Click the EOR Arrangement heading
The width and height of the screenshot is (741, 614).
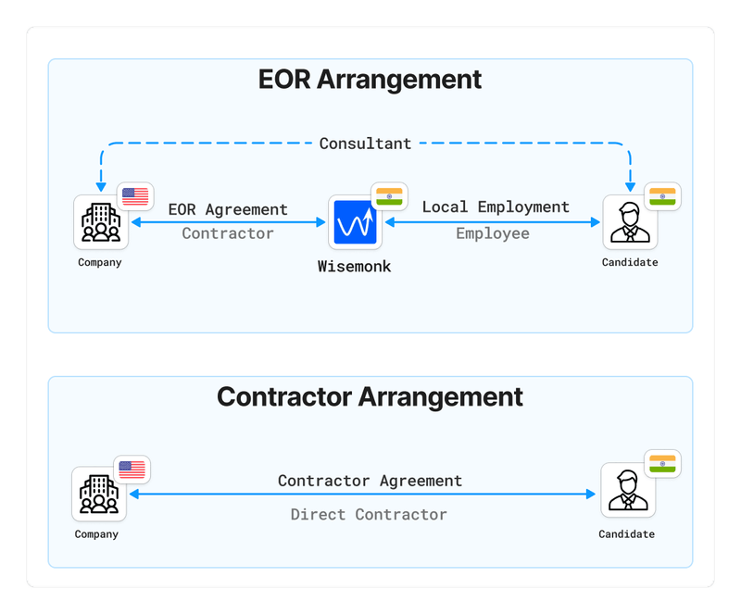pyautogui.click(x=370, y=79)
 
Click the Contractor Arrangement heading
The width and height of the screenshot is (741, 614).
pyautogui.click(x=370, y=396)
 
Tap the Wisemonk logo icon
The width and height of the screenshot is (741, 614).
pyautogui.click(x=356, y=222)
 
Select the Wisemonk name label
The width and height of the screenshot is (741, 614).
pyautogui.click(x=356, y=267)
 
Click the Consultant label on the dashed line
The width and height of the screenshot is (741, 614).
pyautogui.click(x=365, y=144)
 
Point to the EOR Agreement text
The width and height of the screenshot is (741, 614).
pyautogui.click(x=228, y=209)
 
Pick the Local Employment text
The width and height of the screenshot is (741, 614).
pyautogui.click(x=496, y=207)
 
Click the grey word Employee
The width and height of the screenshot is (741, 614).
pyautogui.click(x=492, y=233)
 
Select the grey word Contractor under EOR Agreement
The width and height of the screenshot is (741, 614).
pyautogui.click(x=228, y=233)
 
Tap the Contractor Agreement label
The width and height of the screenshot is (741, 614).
pyautogui.click(x=370, y=481)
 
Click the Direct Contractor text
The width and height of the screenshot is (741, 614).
pyautogui.click(x=369, y=514)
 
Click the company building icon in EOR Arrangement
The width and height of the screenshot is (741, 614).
pyautogui.click(x=101, y=222)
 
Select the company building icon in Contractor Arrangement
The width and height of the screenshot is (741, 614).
pyautogui.click(x=99, y=494)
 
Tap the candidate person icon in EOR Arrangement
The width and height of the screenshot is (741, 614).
pyautogui.click(x=630, y=222)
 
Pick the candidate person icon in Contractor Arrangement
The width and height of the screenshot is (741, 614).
pyautogui.click(x=627, y=491)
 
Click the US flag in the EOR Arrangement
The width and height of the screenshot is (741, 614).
pyautogui.click(x=135, y=196)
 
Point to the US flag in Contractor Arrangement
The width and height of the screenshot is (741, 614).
pyautogui.click(x=132, y=470)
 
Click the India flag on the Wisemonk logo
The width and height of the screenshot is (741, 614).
pyautogui.click(x=389, y=196)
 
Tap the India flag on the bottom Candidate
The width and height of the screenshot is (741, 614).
pyautogui.click(x=662, y=463)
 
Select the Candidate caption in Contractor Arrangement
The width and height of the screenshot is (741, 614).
pyautogui.click(x=626, y=534)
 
